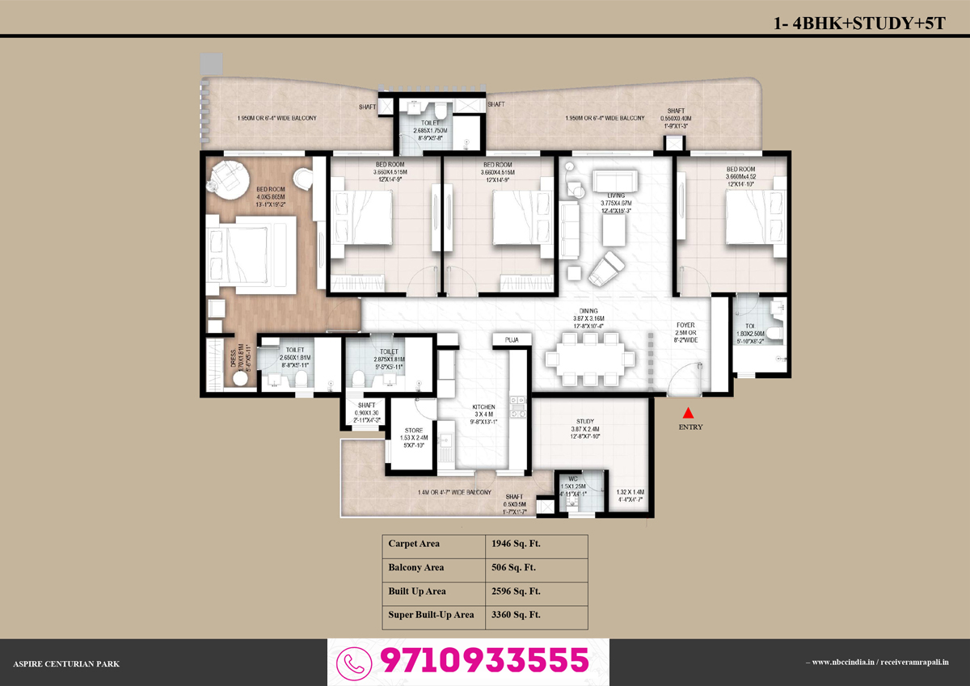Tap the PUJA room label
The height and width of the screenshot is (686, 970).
(511, 340)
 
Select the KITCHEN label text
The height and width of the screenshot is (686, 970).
(484, 407)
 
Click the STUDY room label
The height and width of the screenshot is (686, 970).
(585, 421)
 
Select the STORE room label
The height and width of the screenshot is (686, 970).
(413, 430)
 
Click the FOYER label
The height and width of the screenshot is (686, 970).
(685, 326)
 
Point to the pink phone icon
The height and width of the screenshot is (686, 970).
(353, 662)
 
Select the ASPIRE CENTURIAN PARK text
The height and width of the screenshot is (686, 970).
(66, 663)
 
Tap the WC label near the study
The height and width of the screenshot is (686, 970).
(572, 479)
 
